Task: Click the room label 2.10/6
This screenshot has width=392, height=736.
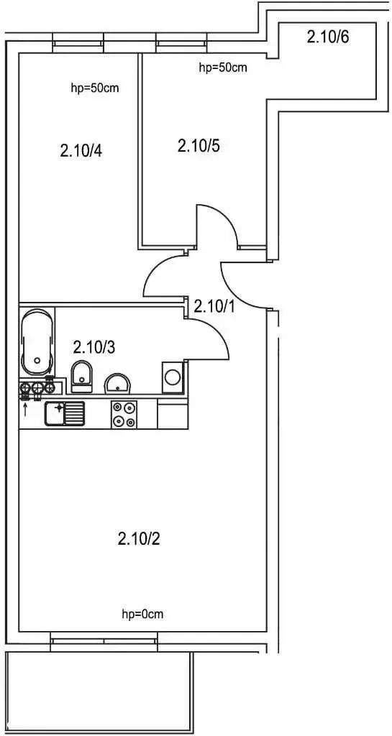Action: (x=328, y=37)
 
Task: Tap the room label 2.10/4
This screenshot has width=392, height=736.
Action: (x=81, y=151)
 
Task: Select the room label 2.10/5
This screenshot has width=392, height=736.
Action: (x=199, y=146)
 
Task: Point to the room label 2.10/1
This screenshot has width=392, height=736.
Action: (x=215, y=306)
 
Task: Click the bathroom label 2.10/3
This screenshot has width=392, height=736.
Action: (x=94, y=347)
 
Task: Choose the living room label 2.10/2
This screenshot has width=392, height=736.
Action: (x=139, y=538)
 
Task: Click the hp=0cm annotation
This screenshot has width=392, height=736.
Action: (x=142, y=614)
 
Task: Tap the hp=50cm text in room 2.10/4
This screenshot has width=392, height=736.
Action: (x=94, y=88)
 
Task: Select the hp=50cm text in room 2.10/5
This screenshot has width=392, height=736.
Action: (x=223, y=68)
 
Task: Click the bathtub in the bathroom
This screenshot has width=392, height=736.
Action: (x=37, y=341)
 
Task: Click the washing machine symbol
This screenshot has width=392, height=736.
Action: (x=173, y=377)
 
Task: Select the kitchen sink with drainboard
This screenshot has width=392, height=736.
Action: (x=65, y=413)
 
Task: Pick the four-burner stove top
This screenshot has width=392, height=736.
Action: (x=124, y=415)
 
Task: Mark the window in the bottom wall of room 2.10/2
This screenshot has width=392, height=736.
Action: (x=104, y=642)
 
